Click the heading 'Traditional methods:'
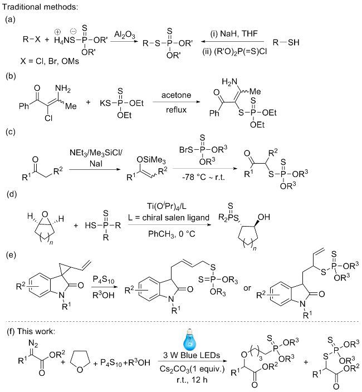34,7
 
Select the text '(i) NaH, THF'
227,34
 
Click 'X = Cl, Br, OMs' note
45,61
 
